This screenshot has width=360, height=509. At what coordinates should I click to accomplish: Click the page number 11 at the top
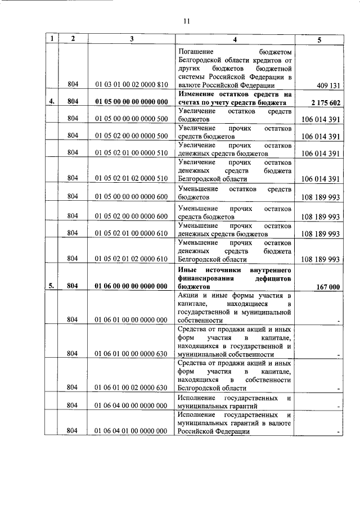tap(187, 21)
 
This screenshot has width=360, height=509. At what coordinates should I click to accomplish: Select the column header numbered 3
tap(130, 39)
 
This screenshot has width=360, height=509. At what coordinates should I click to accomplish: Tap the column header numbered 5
tap(319, 39)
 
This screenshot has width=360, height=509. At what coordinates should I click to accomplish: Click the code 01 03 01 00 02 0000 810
tap(131, 85)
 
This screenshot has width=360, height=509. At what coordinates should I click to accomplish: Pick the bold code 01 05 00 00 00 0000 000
tap(131, 102)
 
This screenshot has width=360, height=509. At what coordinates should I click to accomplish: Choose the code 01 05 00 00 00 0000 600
tap(131, 197)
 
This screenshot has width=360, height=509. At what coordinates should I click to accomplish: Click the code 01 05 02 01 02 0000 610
tap(131, 259)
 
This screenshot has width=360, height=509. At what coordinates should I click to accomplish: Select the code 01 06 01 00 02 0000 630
tap(131, 388)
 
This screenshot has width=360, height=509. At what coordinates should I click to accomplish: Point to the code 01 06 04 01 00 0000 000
tap(131, 431)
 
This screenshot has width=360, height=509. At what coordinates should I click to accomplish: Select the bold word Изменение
tap(197, 94)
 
